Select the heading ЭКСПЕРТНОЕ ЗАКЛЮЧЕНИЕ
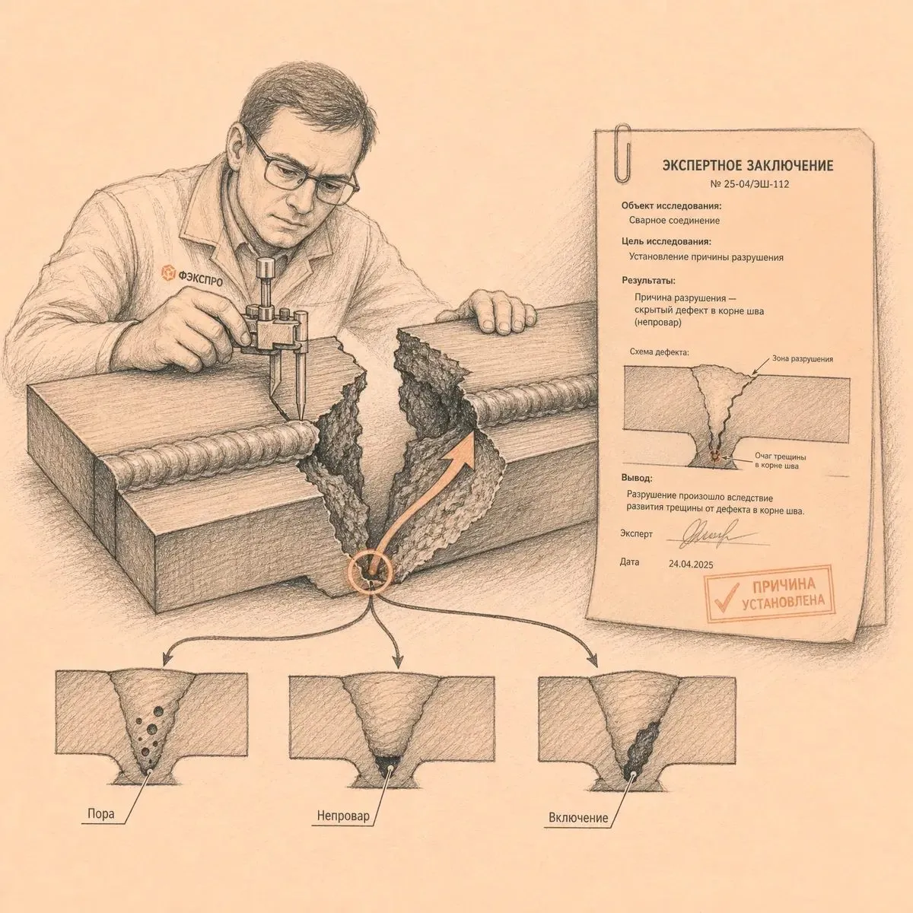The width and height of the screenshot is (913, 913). (x=747, y=166)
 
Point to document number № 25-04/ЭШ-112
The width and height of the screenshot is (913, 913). (x=749, y=184)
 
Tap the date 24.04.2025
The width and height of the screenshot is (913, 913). (x=691, y=564)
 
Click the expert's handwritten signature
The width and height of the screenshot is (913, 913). (x=711, y=534)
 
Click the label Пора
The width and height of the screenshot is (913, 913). (x=101, y=814)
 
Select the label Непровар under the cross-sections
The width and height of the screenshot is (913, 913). (x=343, y=816)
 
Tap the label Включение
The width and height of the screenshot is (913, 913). (x=578, y=818)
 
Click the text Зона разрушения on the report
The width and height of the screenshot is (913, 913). (x=803, y=358)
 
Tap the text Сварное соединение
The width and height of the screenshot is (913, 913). (x=674, y=221)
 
